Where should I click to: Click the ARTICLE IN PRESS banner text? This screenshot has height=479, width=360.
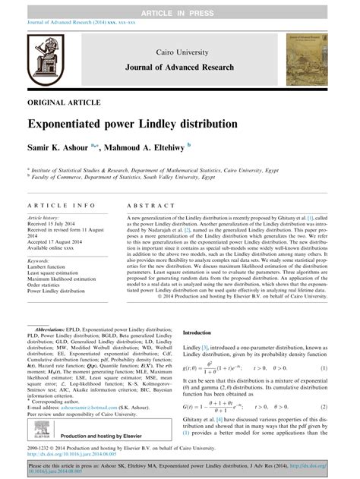[180, 6]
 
